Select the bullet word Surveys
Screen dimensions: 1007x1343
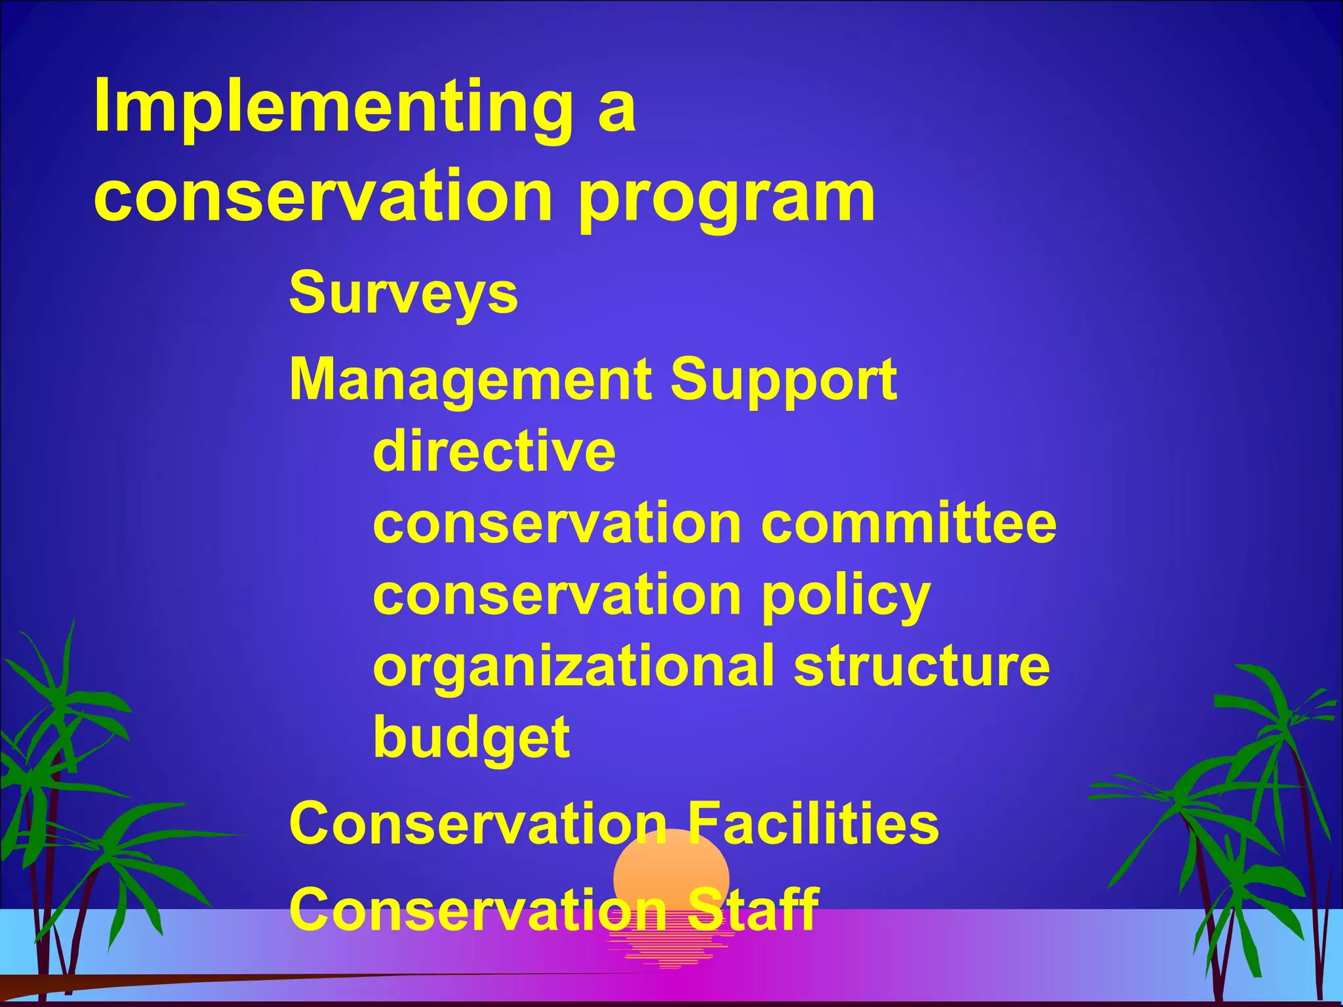(403, 293)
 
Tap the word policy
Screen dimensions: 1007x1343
(846, 597)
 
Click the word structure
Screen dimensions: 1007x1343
(921, 666)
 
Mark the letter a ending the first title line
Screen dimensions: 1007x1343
(616, 111)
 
